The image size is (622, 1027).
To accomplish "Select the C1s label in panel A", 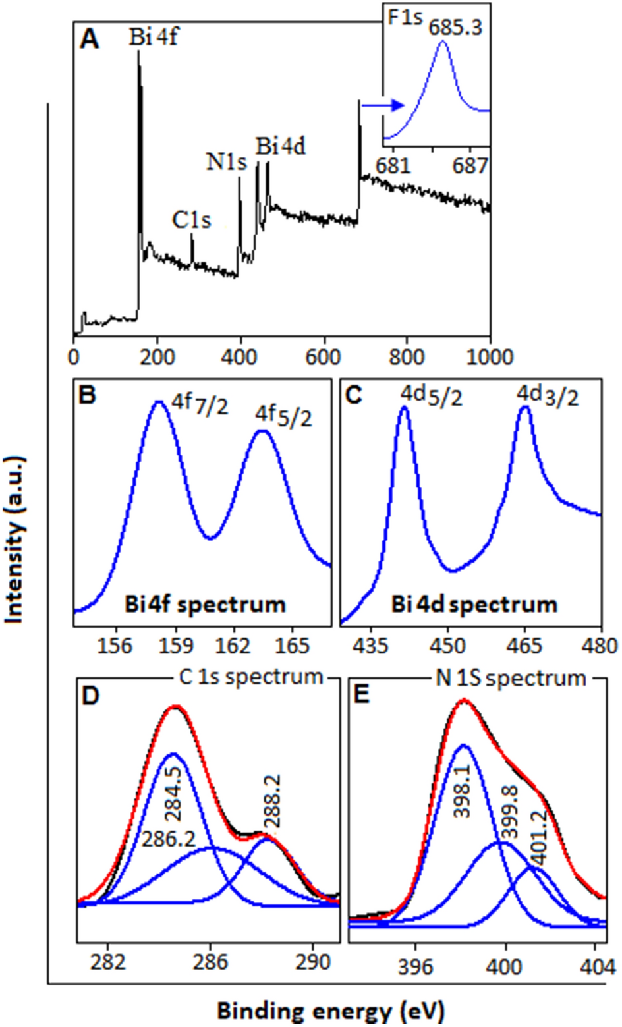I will pyautogui.click(x=192, y=219).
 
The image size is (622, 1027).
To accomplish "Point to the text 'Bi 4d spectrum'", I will pyautogui.click(x=474, y=604).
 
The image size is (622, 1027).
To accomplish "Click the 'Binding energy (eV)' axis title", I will pyautogui.click(x=331, y=1009).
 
